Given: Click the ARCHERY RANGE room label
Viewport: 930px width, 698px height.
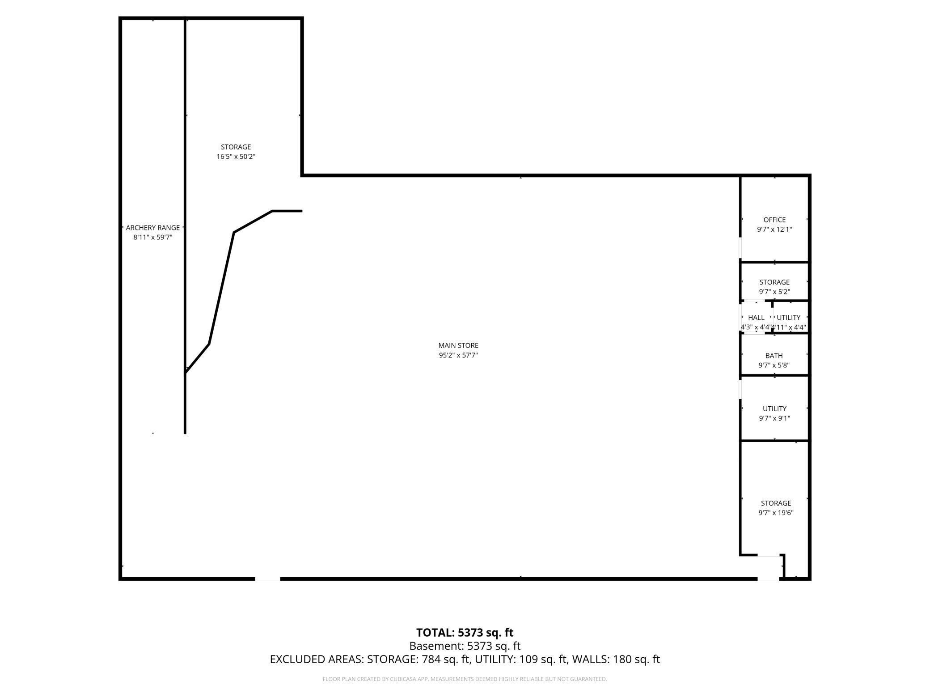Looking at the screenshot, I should [152, 228].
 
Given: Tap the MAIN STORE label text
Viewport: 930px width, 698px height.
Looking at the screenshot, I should [458, 345].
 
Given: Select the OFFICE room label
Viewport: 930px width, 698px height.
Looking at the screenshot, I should [774, 220].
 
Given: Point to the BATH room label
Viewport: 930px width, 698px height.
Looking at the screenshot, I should [774, 356].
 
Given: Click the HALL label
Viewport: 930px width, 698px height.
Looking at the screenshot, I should [756, 318].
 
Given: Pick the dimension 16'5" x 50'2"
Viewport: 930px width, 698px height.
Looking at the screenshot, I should [236, 157].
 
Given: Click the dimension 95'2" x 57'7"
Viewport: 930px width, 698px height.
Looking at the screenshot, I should [458, 355].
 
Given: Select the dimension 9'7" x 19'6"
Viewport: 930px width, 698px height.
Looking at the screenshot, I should [776, 513].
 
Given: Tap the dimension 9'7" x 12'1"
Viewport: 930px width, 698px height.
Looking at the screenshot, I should [774, 230].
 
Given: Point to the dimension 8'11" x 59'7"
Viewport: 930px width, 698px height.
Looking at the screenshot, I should [152, 238].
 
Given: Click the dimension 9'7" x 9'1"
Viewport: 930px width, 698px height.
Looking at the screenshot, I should [774, 418].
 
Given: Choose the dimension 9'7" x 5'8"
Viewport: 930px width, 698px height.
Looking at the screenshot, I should [774, 365].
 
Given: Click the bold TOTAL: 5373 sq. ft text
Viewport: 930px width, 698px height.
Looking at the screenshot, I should [465, 633].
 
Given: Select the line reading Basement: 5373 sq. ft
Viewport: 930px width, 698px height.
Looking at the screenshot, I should [465, 646].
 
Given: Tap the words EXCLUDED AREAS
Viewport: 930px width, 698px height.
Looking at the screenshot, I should [317, 660].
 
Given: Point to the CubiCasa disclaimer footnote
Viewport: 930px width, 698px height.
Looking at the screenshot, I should [465, 679].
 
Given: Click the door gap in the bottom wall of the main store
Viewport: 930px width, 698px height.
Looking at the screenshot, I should [267, 579].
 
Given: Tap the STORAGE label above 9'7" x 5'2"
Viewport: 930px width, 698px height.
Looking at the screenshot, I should [774, 282].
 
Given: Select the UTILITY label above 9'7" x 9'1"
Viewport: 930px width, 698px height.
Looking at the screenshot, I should [774, 409].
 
